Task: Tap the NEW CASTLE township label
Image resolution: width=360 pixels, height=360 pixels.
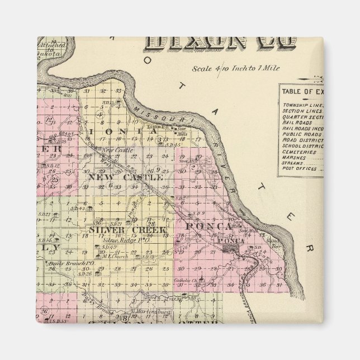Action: pyautogui.click(x=125, y=177)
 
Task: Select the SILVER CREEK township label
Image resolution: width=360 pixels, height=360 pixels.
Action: pyautogui.click(x=127, y=230)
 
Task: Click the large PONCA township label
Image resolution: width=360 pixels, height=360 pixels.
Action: pyautogui.click(x=208, y=226)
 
